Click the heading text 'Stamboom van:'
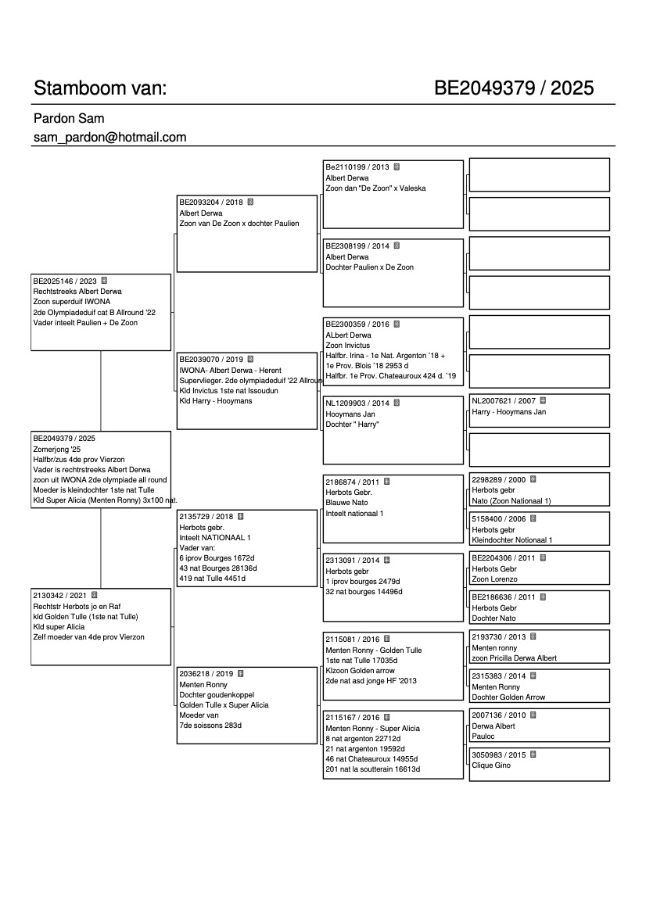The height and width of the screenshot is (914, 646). tap(100, 88)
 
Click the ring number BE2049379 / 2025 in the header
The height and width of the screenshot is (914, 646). tap(514, 88)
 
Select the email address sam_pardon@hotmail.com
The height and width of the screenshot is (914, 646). tap(109, 138)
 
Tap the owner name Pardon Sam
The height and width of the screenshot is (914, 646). tap(69, 119)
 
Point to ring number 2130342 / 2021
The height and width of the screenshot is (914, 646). tap(60, 595)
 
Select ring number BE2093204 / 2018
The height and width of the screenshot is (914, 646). tap(211, 202)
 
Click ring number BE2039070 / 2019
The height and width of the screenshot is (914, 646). tap(211, 360)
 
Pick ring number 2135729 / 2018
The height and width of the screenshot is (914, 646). tap(206, 517)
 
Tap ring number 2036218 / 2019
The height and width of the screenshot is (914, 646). tap(206, 673)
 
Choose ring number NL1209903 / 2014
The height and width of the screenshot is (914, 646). tap(357, 403)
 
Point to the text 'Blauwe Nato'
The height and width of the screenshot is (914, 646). tap(346, 503)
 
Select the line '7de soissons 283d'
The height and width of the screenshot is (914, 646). tap(210, 726)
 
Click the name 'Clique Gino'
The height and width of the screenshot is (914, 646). tap(491, 765)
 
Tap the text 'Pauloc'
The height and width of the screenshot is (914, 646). tap(483, 737)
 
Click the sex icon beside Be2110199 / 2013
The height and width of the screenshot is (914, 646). tap(397, 167)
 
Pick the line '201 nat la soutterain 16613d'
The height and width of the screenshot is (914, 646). tap(373, 769)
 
